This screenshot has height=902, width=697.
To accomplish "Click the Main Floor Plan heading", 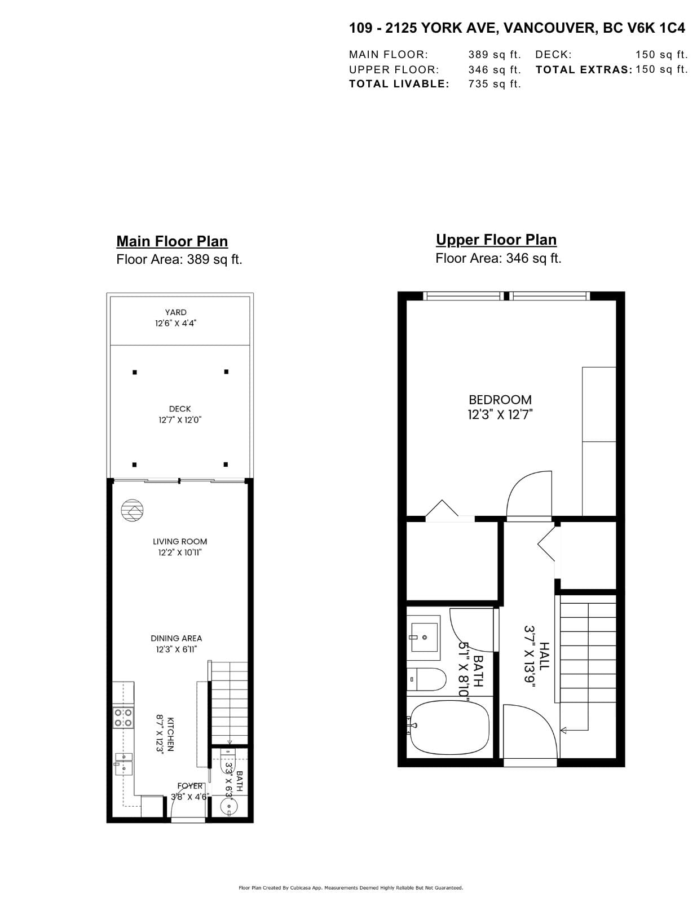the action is (x=172, y=241).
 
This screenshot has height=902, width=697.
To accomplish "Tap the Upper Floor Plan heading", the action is (x=496, y=240).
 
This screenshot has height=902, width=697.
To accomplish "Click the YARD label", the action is (x=175, y=312).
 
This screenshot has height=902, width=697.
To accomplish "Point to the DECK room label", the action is (x=180, y=409).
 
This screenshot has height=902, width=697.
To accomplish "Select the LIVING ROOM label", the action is (x=180, y=541).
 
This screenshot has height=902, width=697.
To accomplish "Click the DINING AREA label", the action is (x=177, y=638).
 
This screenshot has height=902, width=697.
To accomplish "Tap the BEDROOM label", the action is (x=500, y=400).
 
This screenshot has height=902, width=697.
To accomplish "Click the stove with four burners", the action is (x=123, y=718).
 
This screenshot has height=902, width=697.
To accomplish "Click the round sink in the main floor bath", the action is (x=228, y=806).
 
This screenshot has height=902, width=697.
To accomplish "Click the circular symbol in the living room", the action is (x=133, y=510).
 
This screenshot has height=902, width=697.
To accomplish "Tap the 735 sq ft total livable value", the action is (x=495, y=84).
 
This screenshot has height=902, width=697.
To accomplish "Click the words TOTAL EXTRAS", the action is (x=584, y=70).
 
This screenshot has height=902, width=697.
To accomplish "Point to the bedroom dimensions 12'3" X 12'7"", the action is (x=500, y=414).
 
